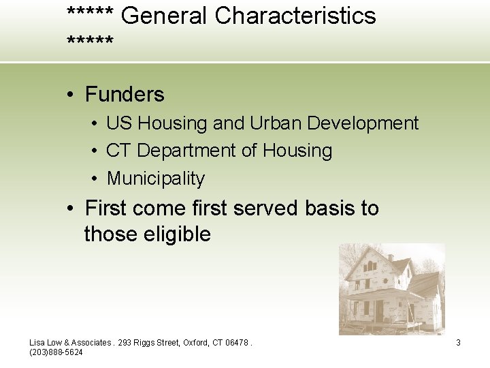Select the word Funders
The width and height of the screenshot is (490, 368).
tap(125, 94)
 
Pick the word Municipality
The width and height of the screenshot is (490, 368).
tap(156, 179)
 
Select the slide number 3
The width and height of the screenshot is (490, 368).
tap(458, 343)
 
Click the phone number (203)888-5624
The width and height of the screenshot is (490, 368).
tap(56, 352)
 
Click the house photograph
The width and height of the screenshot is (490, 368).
tap(391, 289)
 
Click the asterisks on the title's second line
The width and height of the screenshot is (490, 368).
tap(91, 44)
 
